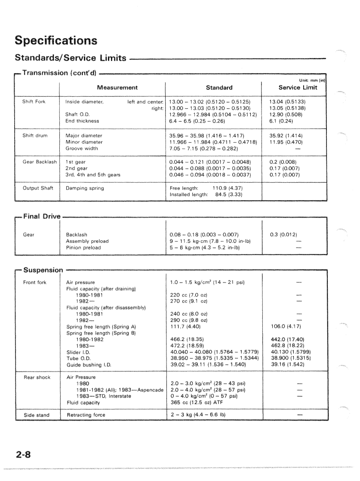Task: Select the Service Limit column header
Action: [x=294, y=87]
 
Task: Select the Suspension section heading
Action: [x=43, y=271]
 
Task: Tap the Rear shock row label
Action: [x=37, y=377]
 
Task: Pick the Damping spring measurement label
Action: [x=85, y=188]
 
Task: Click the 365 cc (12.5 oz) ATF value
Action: [x=195, y=403]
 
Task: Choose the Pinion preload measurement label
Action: [x=83, y=248]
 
